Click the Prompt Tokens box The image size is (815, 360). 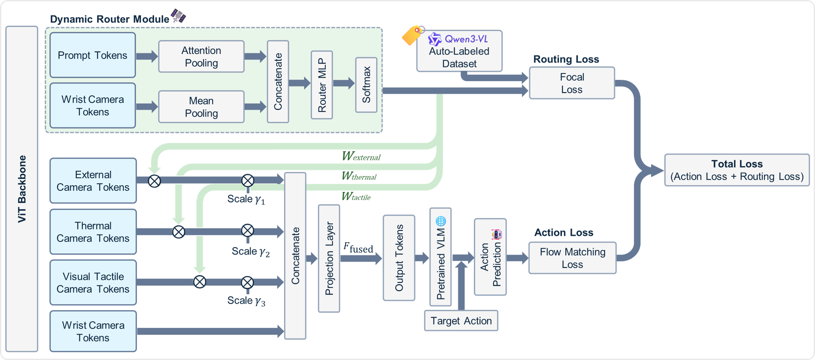(x=93, y=55)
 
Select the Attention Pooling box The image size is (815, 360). (x=201, y=57)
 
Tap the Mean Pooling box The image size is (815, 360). (x=201, y=107)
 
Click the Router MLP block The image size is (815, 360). (x=322, y=85)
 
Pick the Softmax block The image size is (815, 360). (x=366, y=85)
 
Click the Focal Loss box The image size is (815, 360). (x=572, y=83)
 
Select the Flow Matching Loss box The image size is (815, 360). (x=572, y=258)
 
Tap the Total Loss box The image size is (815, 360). (x=737, y=170)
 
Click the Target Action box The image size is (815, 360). (x=461, y=321)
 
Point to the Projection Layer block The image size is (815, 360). (x=329, y=258)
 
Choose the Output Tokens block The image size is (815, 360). (x=399, y=258)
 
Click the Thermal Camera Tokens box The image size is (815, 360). (x=93, y=232)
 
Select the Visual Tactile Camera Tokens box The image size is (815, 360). (x=93, y=283)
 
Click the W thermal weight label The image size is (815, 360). (x=359, y=176)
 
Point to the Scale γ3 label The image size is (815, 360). (x=246, y=301)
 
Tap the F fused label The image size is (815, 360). (x=358, y=247)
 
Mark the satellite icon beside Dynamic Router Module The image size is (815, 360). (x=178, y=16)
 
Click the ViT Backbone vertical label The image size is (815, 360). (x=22, y=189)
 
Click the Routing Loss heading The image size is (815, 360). (x=566, y=59)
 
